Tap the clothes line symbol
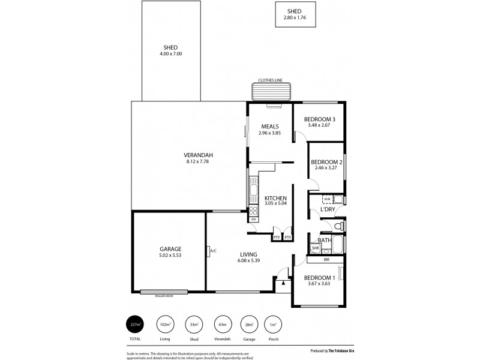click(x=271, y=92)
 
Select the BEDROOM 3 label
click(x=319, y=119)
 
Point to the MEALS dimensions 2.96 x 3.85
click(x=270, y=133)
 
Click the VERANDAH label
click(x=199, y=155)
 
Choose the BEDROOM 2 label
click(x=326, y=163)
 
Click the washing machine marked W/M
click(x=327, y=199)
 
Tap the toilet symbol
click(x=338, y=226)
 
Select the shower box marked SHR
click(x=315, y=248)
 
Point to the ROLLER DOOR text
click(x=164, y=295)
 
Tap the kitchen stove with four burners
click(x=253, y=211)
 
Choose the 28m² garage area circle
click(x=248, y=325)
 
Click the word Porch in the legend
click(x=273, y=339)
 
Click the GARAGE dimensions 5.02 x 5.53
click(x=170, y=256)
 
